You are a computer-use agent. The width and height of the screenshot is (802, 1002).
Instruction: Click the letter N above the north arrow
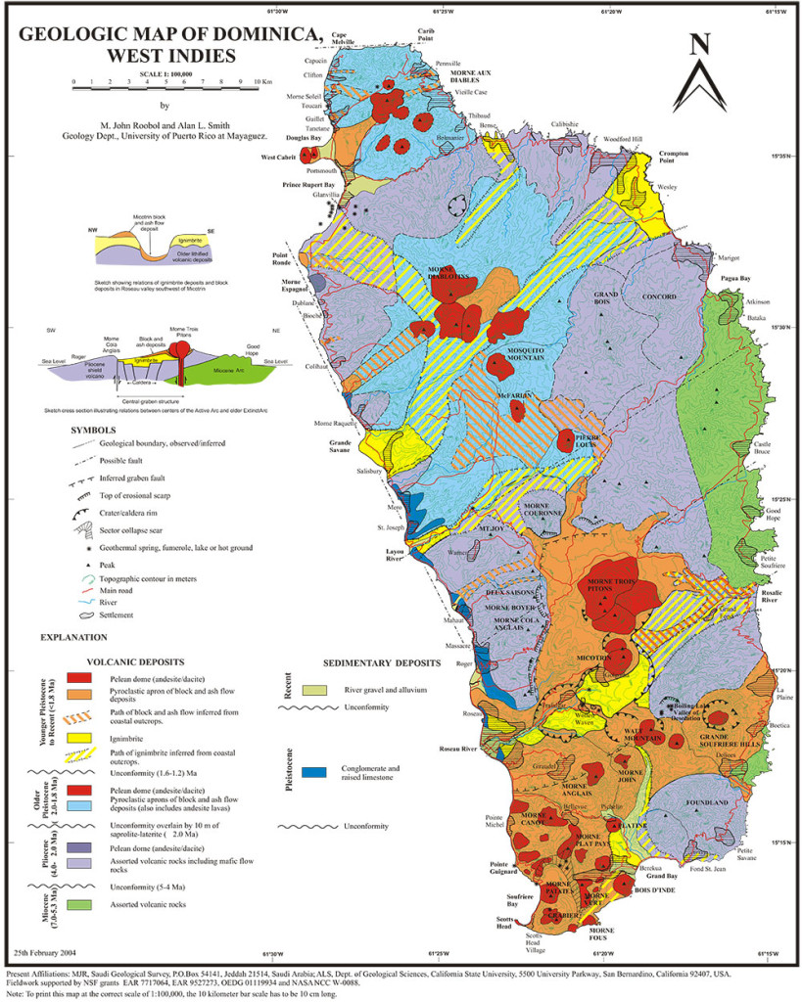pos(699,44)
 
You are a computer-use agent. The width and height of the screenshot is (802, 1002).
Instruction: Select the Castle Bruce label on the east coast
pos(762,448)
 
